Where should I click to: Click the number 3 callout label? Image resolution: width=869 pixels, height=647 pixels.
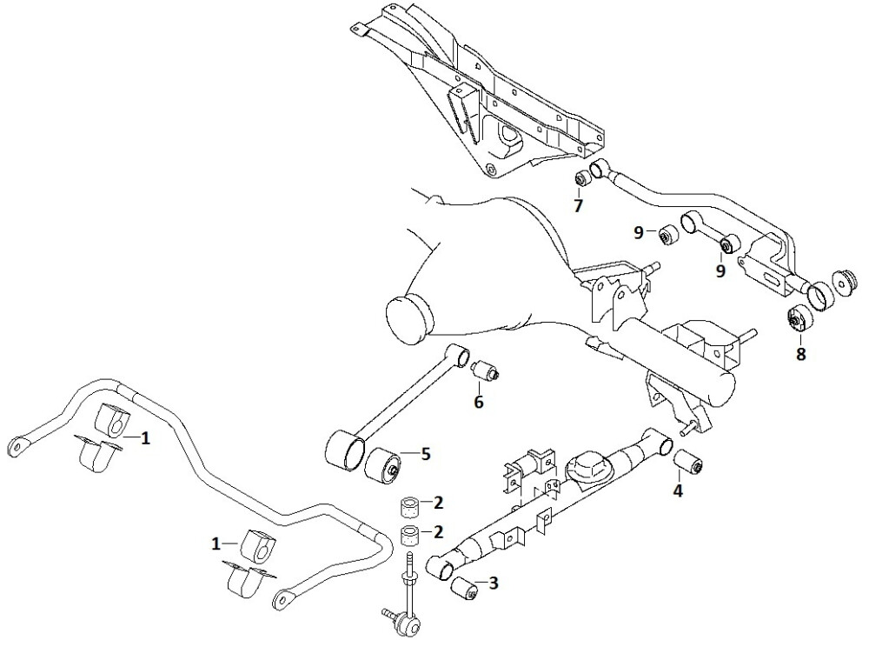(494, 584)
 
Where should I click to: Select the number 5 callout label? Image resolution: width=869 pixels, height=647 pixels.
(425, 453)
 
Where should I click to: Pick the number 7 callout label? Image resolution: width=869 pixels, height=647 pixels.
(578, 206)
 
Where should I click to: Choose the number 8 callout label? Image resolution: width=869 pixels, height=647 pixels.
(799, 354)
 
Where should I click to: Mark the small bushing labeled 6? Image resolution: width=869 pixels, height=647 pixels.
(487, 370)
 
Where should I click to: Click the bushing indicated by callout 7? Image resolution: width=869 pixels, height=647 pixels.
(582, 178)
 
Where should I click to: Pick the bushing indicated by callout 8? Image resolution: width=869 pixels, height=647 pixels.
(798, 320)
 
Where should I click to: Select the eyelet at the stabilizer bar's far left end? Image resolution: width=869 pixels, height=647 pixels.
(17, 446)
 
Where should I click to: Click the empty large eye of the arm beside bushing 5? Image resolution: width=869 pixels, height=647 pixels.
(344, 452)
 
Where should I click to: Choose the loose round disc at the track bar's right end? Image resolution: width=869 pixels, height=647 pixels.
(845, 284)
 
